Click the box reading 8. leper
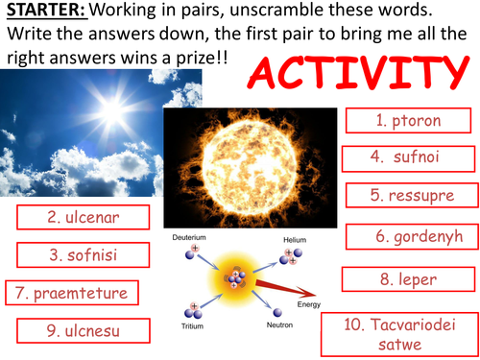point(407,279)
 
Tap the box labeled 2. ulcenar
point(84,218)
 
